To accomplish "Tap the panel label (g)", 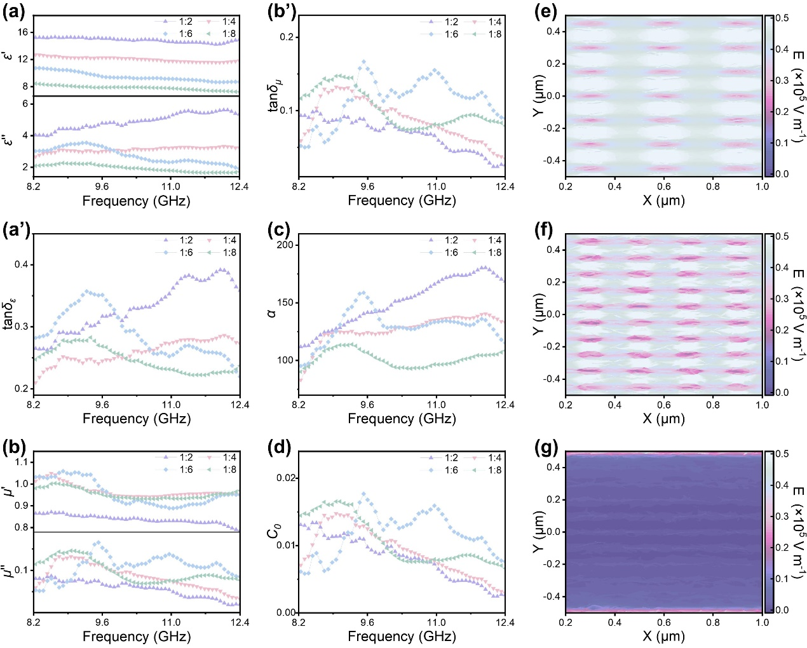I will tap(545, 447).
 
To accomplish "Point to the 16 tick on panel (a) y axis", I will tap(24, 32).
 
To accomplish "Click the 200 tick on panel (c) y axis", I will tap(286, 245).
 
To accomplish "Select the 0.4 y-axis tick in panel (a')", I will tap(22, 264).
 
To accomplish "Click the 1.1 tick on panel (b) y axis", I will tap(22, 462).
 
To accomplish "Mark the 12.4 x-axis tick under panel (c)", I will tap(505, 405).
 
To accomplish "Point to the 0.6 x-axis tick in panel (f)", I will tap(664, 405).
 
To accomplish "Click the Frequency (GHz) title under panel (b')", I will tap(402, 201).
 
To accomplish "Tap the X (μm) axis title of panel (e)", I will tap(663, 201).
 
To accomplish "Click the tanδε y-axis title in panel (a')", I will tap(9, 314).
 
